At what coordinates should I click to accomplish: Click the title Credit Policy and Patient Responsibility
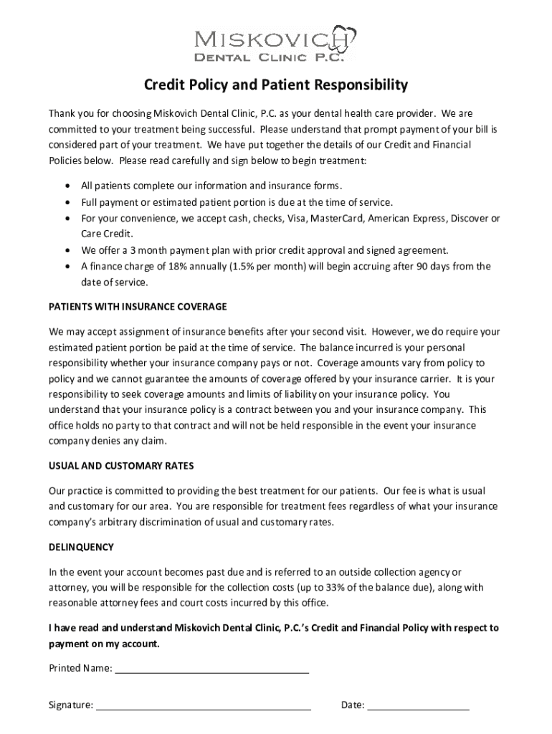click(276, 85)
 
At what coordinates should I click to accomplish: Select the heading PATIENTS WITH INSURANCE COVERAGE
click(138, 307)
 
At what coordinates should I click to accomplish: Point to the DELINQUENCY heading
click(81, 547)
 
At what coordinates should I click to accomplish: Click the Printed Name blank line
click(212, 669)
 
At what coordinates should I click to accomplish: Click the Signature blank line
click(204, 706)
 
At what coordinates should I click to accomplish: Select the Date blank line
click(419, 706)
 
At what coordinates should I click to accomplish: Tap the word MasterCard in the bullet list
click(336, 219)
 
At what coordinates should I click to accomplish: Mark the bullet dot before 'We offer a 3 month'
click(68, 251)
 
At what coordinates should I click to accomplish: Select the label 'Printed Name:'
click(80, 669)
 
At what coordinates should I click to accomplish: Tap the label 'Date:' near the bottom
click(353, 706)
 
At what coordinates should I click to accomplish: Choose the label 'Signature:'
click(71, 706)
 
